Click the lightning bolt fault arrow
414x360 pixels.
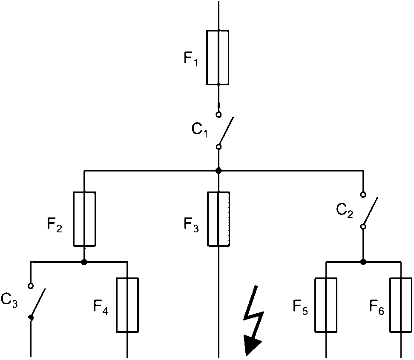click(253, 320)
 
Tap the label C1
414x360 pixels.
click(199, 130)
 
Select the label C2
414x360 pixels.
click(344, 211)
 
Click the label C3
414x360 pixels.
click(9, 300)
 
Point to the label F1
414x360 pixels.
click(191, 59)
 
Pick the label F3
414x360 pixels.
click(191, 226)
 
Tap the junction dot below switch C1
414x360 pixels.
click(218, 171)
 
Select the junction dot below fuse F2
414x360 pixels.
click(84, 262)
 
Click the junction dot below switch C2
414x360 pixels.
click(363, 262)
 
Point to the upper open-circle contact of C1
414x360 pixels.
click(218, 115)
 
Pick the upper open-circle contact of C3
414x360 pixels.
click(31, 286)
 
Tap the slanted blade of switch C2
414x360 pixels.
click(371, 211)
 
